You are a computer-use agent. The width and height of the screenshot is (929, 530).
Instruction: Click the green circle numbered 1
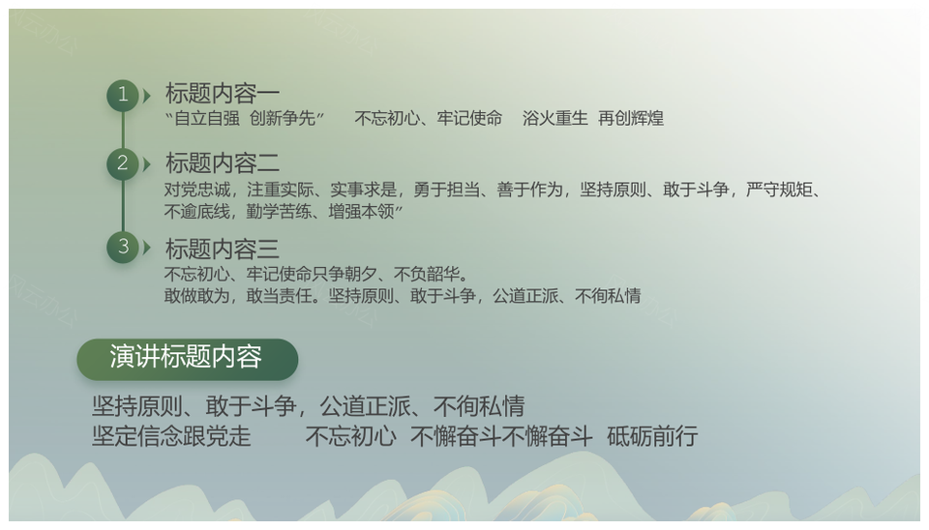pyautogui.click(x=123, y=96)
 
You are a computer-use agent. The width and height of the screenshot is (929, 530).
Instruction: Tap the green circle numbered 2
pyautogui.click(x=123, y=164)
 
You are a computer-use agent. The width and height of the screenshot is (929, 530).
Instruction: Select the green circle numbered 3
pyautogui.click(x=123, y=247)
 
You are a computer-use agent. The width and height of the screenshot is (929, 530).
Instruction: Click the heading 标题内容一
pyautogui.click(x=223, y=94)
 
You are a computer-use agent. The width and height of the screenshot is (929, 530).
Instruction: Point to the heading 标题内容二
pyautogui.click(x=223, y=162)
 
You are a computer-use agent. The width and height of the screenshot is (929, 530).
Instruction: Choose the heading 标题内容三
pyautogui.click(x=223, y=249)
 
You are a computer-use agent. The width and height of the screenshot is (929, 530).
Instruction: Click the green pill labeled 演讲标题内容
pyautogui.click(x=187, y=359)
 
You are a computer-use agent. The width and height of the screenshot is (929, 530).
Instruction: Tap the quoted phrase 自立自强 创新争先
pyautogui.click(x=245, y=118)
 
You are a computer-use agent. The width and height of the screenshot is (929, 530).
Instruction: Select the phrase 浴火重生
pyautogui.click(x=555, y=118)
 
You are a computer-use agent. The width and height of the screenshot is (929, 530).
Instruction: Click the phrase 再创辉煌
pyautogui.click(x=630, y=118)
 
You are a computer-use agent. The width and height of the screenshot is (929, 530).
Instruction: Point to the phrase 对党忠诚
pyautogui.click(x=197, y=190)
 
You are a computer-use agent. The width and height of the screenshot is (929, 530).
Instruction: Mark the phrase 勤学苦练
pyautogui.click(x=279, y=212)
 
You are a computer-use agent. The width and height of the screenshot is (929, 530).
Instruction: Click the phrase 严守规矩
pyautogui.click(x=778, y=190)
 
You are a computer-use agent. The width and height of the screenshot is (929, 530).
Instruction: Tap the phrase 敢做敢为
pyautogui.click(x=197, y=296)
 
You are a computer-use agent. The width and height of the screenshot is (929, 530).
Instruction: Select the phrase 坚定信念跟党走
pyautogui.click(x=171, y=436)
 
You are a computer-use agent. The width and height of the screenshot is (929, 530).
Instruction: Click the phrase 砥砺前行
pyautogui.click(x=652, y=436)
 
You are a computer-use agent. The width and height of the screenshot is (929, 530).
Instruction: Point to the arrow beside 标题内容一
pyautogui.click(x=147, y=96)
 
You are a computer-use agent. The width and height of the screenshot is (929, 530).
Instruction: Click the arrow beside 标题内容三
pyautogui.click(x=147, y=247)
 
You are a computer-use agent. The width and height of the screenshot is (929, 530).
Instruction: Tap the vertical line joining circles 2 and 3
pyautogui.click(x=123, y=205)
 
